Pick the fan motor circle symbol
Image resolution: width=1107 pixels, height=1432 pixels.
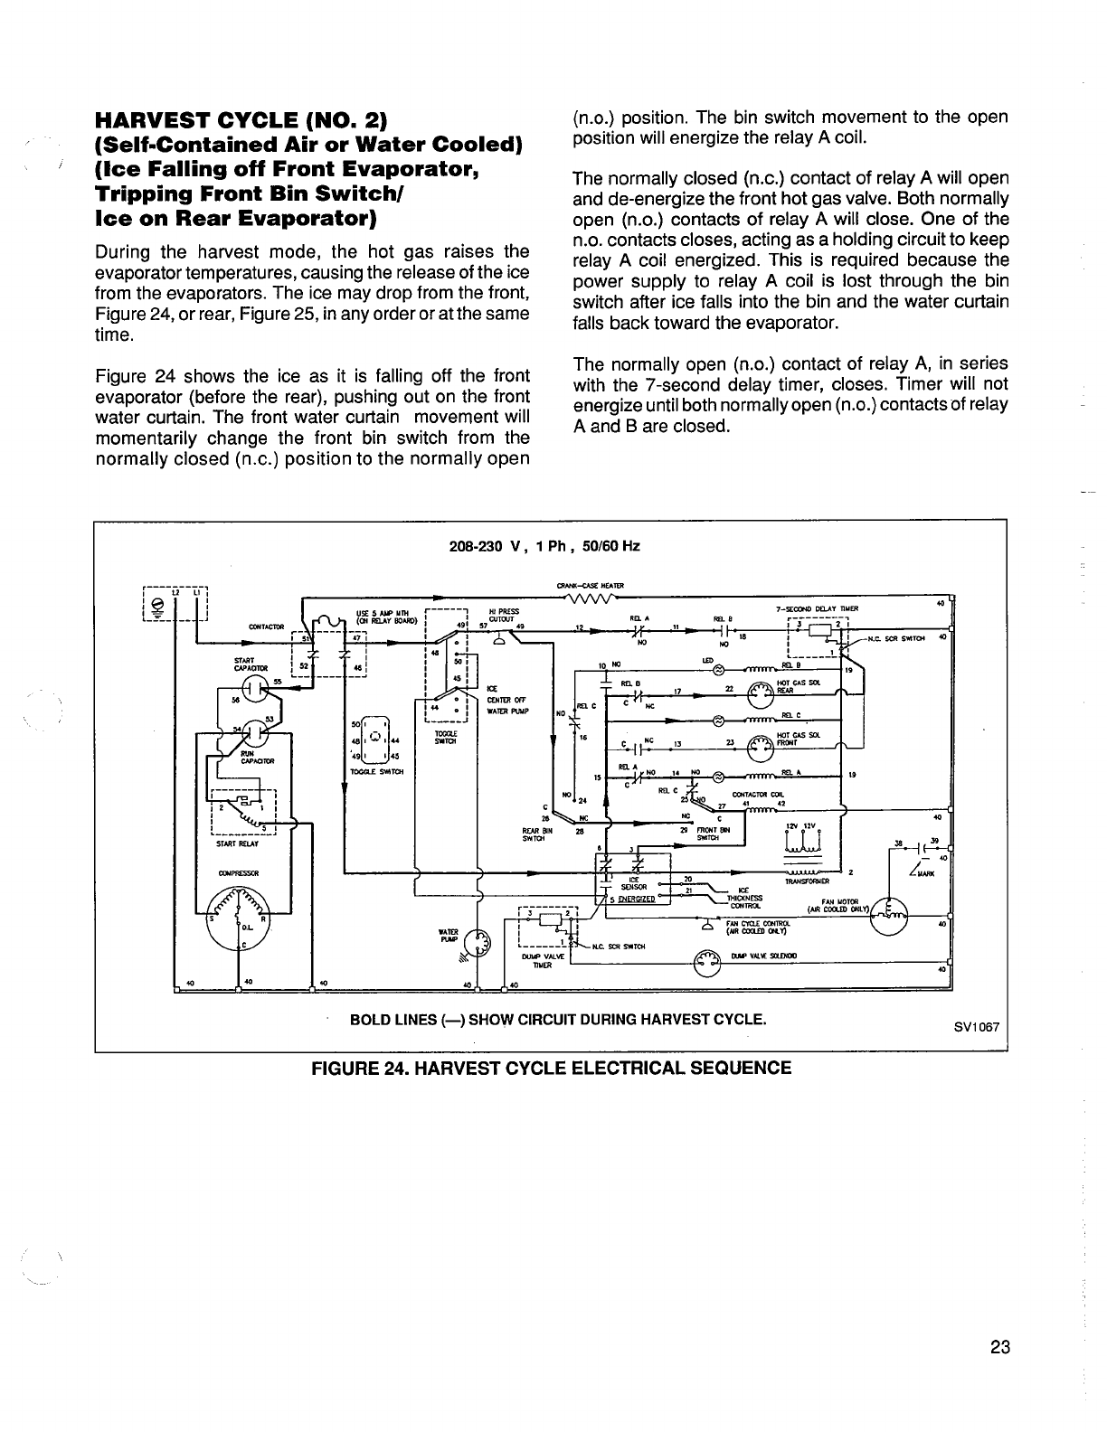tap(889, 916)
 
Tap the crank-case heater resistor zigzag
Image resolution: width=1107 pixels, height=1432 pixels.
tap(590, 598)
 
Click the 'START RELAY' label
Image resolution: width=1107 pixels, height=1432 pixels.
tap(237, 844)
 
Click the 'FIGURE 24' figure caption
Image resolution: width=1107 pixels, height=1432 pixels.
tap(551, 1068)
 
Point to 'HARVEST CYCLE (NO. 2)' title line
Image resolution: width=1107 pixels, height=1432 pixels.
tap(241, 120)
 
